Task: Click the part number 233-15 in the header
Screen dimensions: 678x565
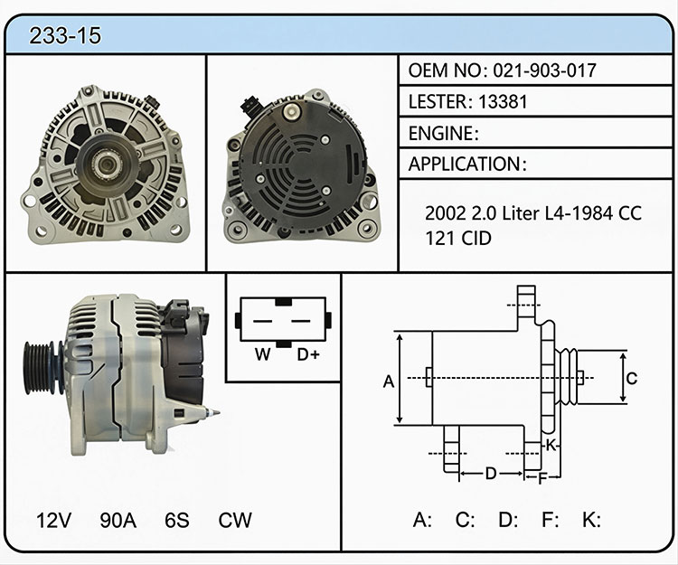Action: [x=65, y=35]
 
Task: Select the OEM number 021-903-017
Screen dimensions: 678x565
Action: [x=545, y=70]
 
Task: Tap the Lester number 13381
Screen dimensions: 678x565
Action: [x=503, y=101]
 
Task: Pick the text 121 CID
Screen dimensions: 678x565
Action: [x=458, y=238]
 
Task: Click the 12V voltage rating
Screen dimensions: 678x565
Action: [x=53, y=520]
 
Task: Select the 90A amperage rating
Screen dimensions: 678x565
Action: [x=118, y=520]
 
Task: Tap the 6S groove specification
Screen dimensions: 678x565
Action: [x=177, y=520]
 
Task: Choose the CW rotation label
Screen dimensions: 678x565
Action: [x=235, y=520]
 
